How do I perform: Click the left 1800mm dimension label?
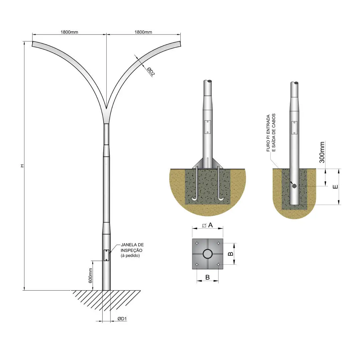pos(69,32)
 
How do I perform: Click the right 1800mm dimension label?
pos(143,32)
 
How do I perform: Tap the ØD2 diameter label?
pos(151,71)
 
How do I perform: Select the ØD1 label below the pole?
pos(122,319)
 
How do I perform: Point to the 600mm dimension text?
pos(90,276)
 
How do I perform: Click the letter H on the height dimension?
pos(22,166)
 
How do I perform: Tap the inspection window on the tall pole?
pos(106,255)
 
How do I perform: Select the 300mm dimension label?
pos(322,152)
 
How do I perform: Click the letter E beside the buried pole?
pos(335,187)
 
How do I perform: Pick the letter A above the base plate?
pos(210,225)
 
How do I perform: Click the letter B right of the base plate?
pos(230,254)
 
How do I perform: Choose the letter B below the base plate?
pos(207,277)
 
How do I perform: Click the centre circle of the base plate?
pos(208,254)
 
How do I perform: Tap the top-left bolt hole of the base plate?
pos(197,243)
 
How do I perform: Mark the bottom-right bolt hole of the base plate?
pos(218,265)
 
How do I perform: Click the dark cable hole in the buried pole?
pos(294,186)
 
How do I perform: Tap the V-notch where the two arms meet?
pos(106,108)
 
